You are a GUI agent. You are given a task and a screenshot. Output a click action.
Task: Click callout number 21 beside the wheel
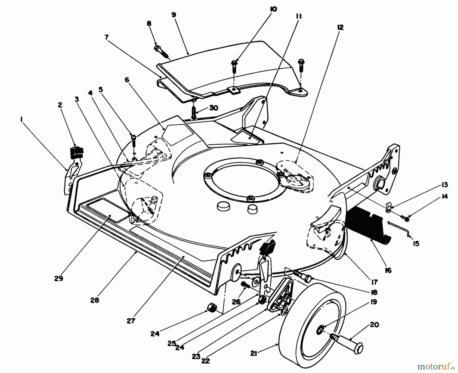253,354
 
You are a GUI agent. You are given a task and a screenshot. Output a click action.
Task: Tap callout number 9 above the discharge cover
174,15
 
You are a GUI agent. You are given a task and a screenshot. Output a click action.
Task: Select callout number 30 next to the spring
213,108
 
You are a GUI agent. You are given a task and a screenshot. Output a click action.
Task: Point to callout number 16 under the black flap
388,270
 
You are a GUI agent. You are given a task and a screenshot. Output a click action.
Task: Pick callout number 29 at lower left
59,279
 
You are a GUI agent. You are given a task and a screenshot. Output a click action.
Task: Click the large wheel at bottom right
308,328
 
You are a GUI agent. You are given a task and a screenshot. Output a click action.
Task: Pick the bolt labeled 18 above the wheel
303,276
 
